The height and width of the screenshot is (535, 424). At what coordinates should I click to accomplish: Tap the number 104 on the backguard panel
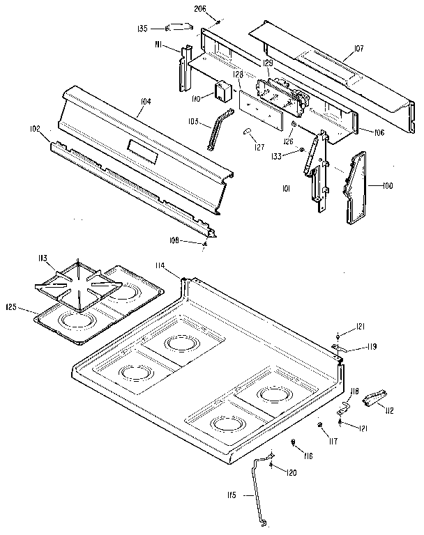[144, 102]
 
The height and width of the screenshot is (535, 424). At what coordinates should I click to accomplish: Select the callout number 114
[160, 265]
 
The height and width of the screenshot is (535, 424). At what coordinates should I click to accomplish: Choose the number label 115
[232, 496]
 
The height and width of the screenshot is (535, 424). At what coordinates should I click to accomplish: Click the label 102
[35, 129]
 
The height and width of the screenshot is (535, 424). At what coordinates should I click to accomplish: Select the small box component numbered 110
[223, 91]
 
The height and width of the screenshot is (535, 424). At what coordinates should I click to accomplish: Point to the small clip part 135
[180, 28]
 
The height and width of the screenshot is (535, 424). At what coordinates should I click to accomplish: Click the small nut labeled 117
[319, 426]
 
